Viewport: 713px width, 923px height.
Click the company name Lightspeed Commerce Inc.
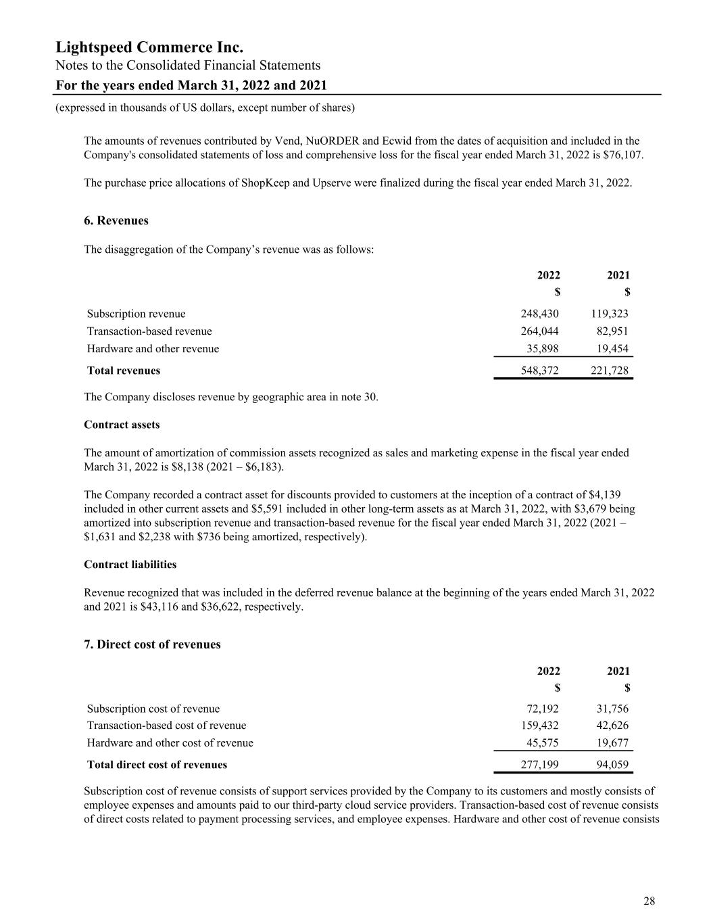click(x=149, y=47)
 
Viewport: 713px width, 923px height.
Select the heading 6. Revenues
click(x=116, y=221)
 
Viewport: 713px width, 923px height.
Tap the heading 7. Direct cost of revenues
click(x=152, y=644)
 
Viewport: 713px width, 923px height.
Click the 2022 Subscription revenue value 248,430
click(x=539, y=314)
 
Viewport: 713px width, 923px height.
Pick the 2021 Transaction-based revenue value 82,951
click(x=612, y=331)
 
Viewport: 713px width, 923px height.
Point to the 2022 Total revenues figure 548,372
click(x=539, y=371)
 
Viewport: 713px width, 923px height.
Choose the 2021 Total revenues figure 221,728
click(x=609, y=371)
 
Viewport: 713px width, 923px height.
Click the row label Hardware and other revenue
click(x=153, y=349)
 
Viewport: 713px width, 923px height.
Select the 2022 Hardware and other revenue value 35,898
click(x=542, y=349)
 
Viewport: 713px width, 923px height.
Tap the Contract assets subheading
click(x=122, y=425)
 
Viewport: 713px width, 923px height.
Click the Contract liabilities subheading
click(x=130, y=565)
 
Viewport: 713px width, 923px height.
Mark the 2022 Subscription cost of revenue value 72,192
click(x=542, y=709)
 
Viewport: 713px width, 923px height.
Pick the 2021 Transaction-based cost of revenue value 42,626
click(x=612, y=726)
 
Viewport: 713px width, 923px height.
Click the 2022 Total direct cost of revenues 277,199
click(x=539, y=765)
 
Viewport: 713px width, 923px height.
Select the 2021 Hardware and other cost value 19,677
click(x=612, y=743)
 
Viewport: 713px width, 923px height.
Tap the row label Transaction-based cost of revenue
click(x=166, y=726)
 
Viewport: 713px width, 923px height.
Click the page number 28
click(x=649, y=901)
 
